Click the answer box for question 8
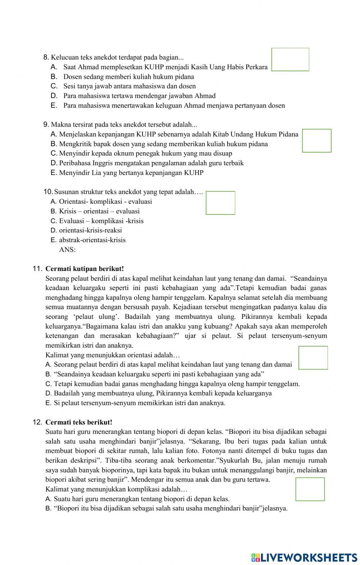click(290, 59)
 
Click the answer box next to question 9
click(316, 141)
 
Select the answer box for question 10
click(220, 203)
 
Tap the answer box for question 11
click(313, 358)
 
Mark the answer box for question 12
click(310, 489)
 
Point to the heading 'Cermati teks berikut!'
click(79, 422)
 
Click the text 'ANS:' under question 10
click(67, 250)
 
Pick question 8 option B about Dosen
click(129, 77)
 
